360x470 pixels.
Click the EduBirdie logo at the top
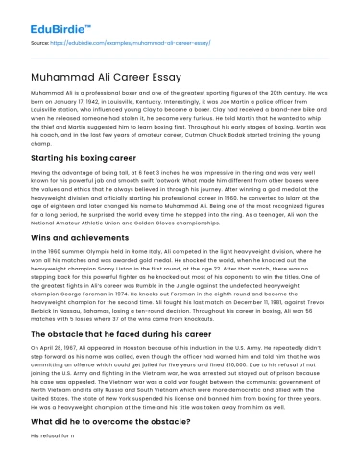pos(39,13)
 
